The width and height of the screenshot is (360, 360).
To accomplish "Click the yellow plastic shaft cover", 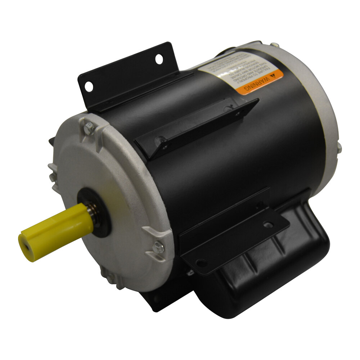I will click(54, 230).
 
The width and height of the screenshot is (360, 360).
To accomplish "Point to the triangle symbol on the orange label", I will click(273, 76).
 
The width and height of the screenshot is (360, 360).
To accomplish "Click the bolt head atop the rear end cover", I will click(275, 45).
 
